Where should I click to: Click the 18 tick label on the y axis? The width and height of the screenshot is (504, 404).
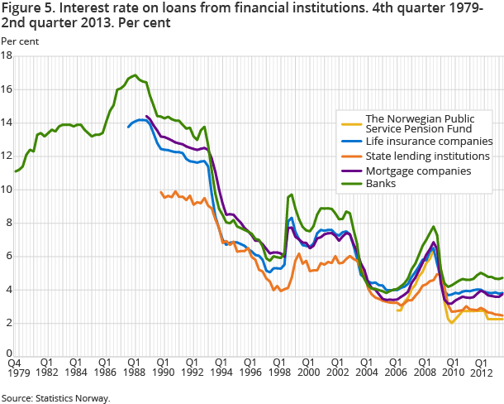[6, 56]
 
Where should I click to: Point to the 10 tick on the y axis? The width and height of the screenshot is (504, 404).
[6, 190]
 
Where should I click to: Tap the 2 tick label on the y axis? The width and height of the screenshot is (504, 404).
[7, 323]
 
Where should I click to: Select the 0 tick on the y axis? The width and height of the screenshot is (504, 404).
[7, 357]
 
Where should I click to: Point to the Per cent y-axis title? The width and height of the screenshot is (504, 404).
[19, 41]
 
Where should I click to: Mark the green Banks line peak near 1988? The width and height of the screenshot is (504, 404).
[134, 75]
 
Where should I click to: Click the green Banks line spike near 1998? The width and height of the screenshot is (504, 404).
[291, 195]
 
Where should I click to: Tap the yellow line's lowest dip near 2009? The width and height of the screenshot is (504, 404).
[452, 323]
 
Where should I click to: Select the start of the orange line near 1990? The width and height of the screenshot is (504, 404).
[160, 192]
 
